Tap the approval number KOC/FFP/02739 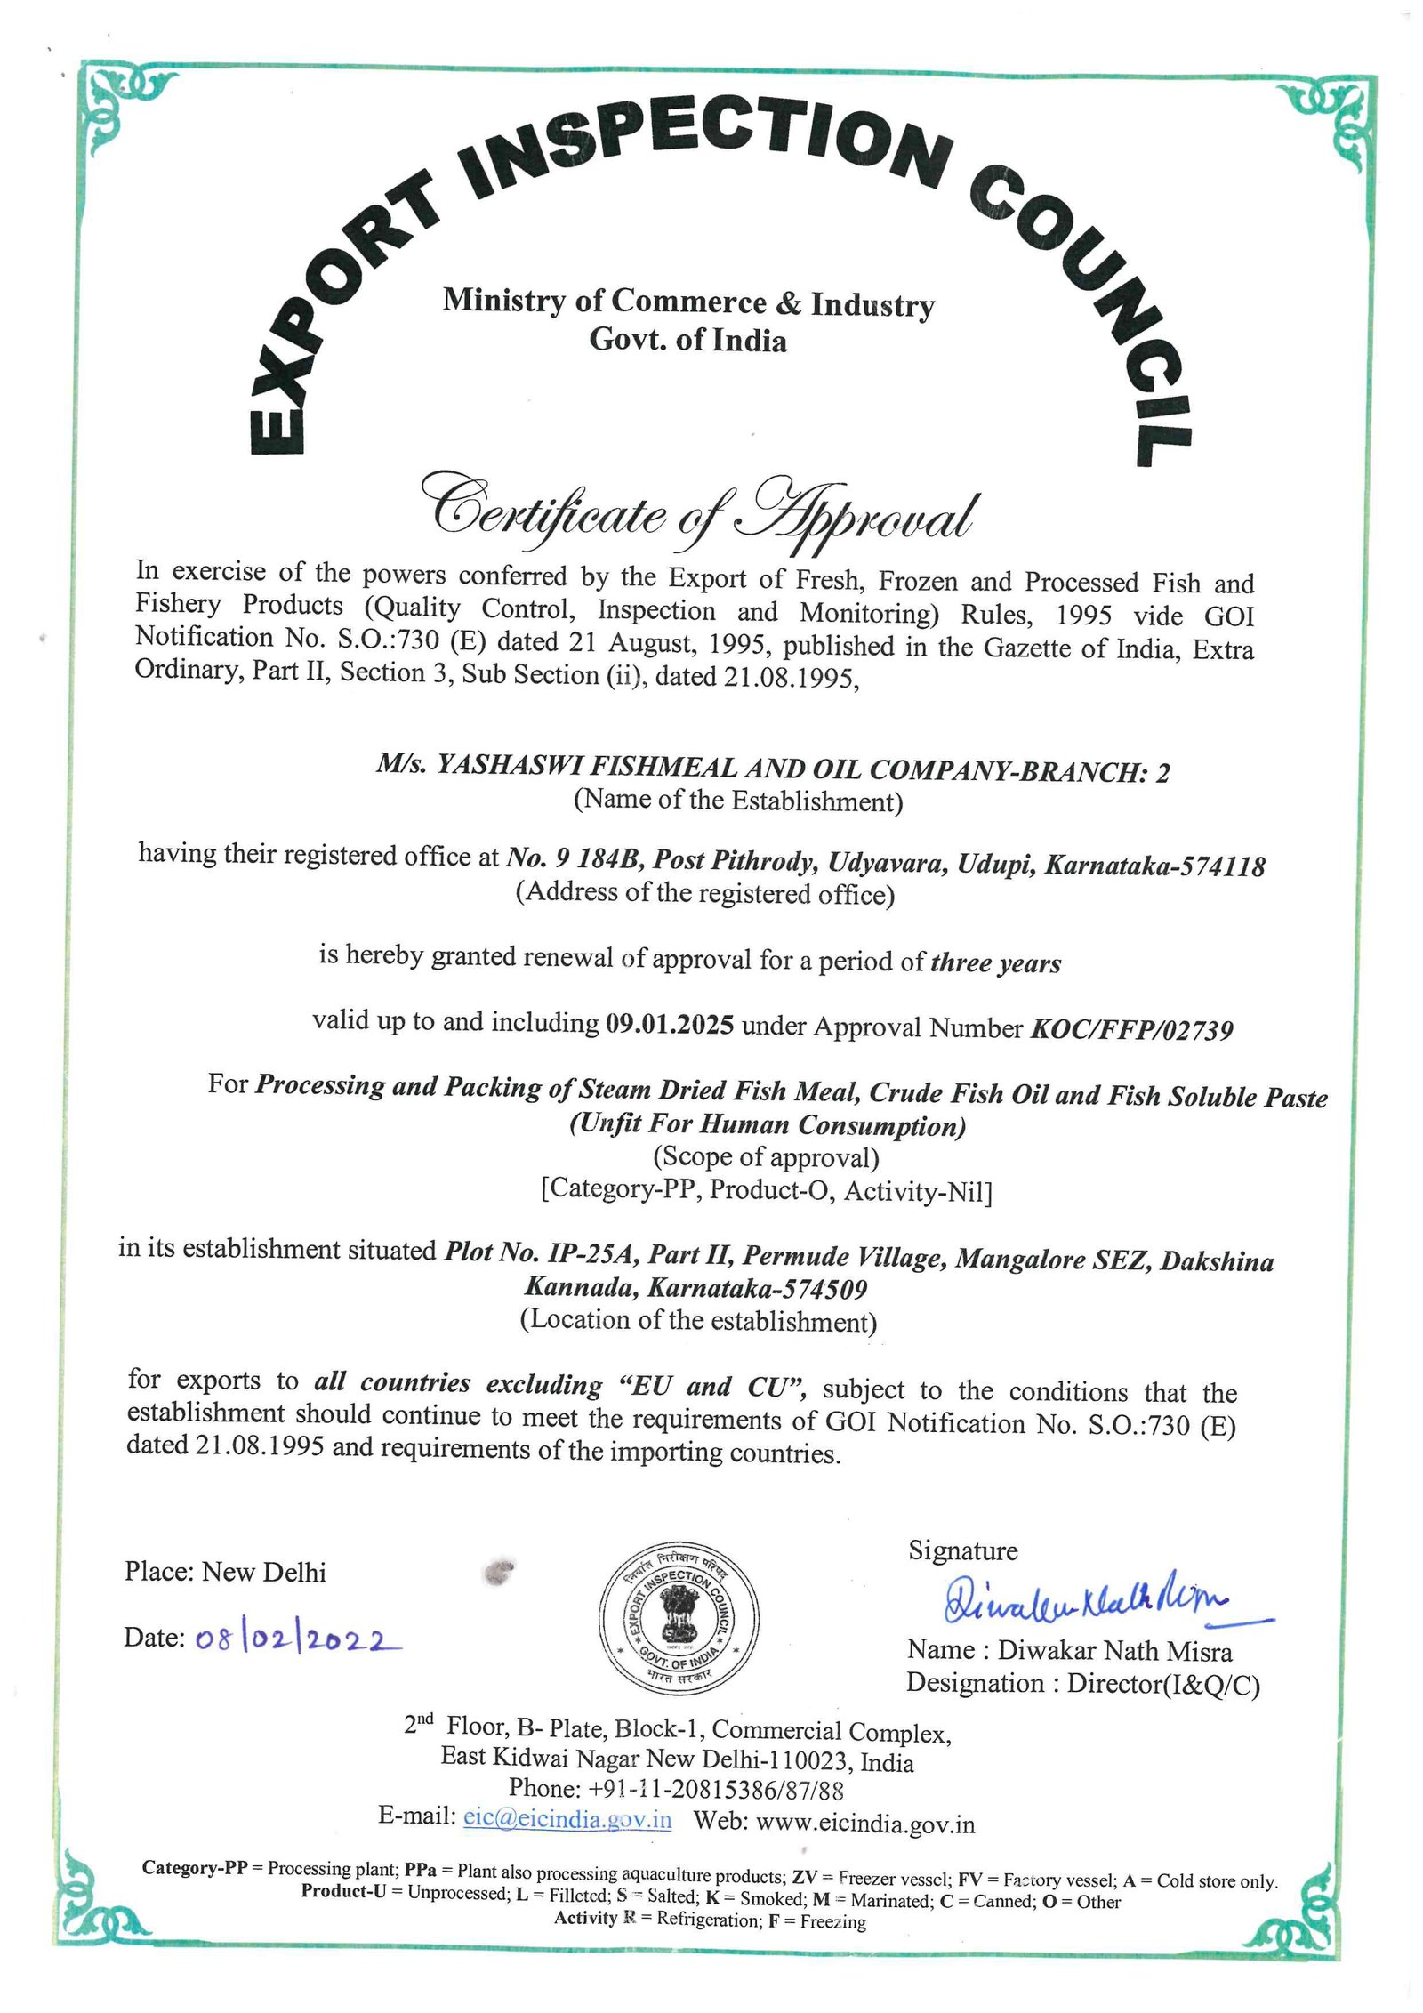[x=1130, y=1029]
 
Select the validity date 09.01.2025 [x=669, y=1024]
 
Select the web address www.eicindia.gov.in [x=864, y=1823]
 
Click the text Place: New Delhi [x=225, y=1572]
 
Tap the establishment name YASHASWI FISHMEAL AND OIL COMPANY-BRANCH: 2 [x=772, y=769]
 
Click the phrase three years [x=995, y=963]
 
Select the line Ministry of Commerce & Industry [x=688, y=303]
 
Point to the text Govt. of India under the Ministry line [x=687, y=340]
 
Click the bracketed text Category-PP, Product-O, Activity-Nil [x=766, y=1190]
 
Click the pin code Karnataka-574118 [x=1154, y=865]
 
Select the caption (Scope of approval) [x=766, y=1157]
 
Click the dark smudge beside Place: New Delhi [x=500, y=1572]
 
